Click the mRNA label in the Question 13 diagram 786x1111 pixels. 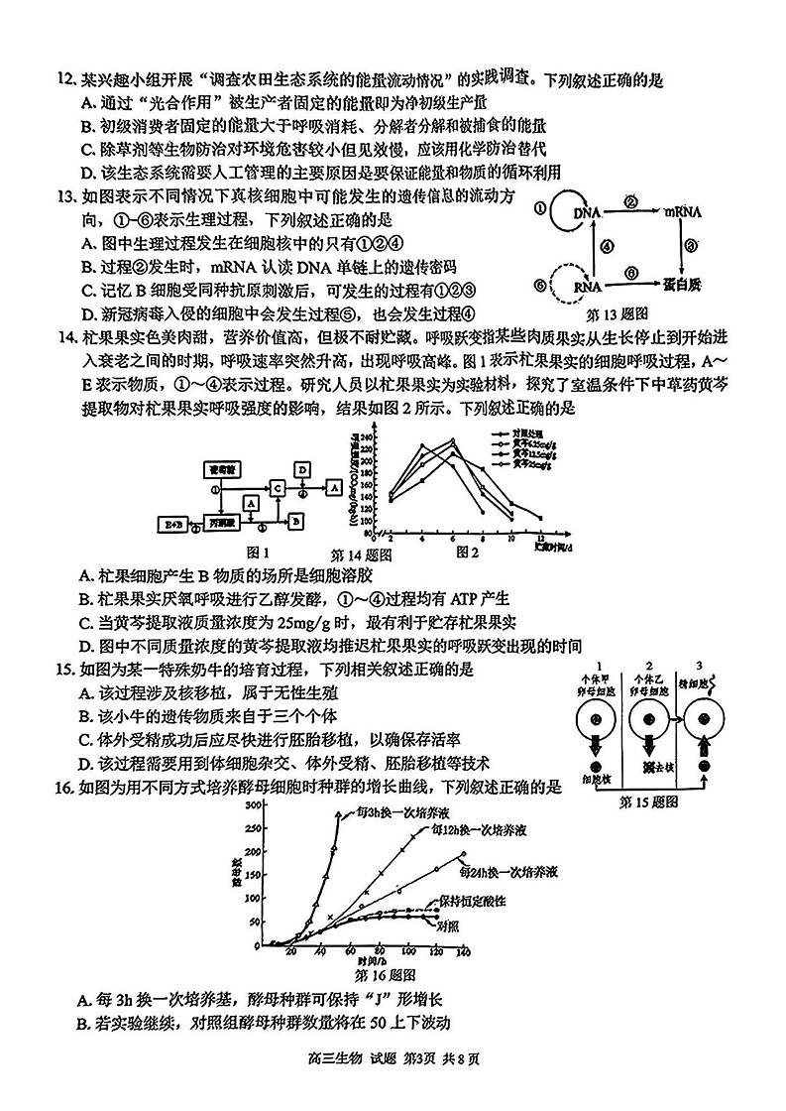point(684,213)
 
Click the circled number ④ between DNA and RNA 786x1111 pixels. point(607,250)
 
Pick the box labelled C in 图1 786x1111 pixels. point(278,488)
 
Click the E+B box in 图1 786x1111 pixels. point(176,521)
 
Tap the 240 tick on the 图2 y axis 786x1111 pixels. point(364,437)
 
